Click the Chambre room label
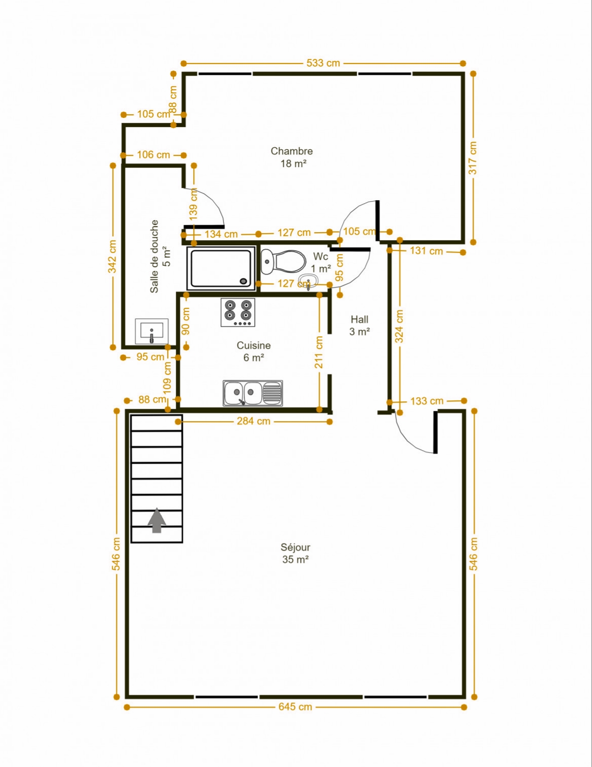[x=292, y=151]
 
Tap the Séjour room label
[x=295, y=547]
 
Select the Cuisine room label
[x=254, y=345]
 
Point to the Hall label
[x=359, y=319]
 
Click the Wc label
[x=321, y=256]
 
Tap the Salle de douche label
[x=154, y=256]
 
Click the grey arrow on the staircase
[x=157, y=520]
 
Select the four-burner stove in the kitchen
[x=238, y=312]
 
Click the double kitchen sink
[x=253, y=393]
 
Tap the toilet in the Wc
[x=283, y=262]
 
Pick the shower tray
[x=221, y=268]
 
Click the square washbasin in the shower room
[x=152, y=331]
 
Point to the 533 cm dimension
[x=323, y=63]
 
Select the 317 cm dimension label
[x=473, y=158]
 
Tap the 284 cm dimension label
[x=254, y=421]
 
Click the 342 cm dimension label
[x=112, y=257]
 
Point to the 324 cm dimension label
[x=399, y=326]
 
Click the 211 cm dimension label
[x=319, y=353]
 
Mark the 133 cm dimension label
[x=427, y=401]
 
